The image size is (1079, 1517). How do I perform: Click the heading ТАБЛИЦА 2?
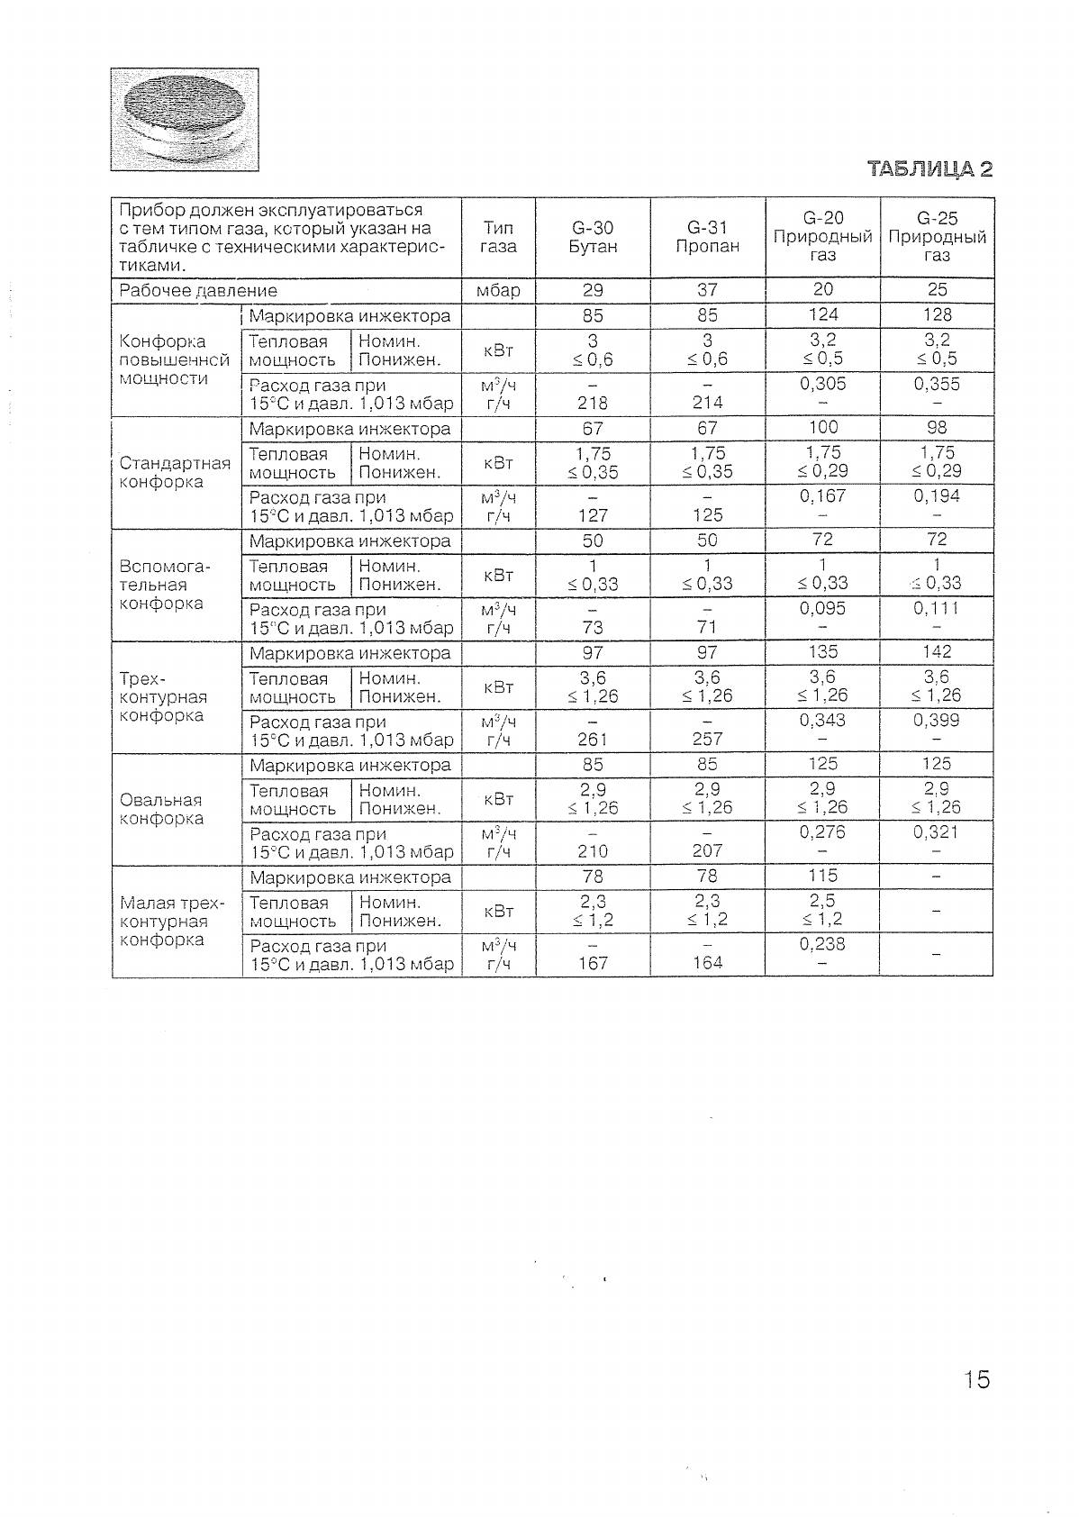coord(929,169)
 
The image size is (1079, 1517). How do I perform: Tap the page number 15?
coord(975,1379)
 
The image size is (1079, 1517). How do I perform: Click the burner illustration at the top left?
coord(185,119)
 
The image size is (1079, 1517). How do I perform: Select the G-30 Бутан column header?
coord(593,238)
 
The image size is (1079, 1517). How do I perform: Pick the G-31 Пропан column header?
coord(707,238)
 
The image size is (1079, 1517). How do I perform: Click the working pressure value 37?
coord(707,290)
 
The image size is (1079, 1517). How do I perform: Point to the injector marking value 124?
coord(822,314)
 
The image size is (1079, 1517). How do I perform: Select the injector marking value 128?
coord(937,314)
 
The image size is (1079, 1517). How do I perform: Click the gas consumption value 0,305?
coord(822,384)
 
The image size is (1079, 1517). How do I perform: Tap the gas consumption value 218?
coord(593,403)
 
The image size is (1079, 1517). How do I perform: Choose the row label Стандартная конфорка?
coord(175,472)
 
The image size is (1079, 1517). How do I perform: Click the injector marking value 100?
coord(822,427)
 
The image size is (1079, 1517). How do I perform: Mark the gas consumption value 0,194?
coord(937,496)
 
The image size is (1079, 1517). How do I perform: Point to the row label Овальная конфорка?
coord(161,809)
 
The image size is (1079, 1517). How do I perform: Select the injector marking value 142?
coord(937,651)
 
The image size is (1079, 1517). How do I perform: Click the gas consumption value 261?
coord(593,740)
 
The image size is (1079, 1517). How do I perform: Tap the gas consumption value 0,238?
coord(822,944)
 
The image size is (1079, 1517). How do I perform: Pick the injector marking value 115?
coord(822,876)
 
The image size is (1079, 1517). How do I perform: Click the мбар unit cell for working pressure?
coord(498,290)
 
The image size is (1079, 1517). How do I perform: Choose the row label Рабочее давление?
coord(198,291)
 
